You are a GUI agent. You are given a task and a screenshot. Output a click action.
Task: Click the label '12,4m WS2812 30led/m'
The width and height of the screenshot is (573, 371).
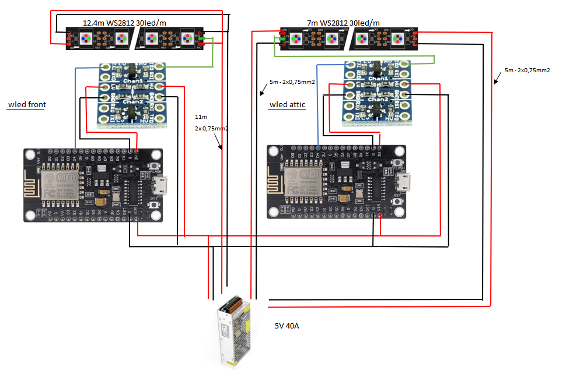[x=125, y=22]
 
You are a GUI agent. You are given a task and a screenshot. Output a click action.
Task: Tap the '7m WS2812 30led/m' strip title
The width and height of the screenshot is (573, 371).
[x=345, y=23]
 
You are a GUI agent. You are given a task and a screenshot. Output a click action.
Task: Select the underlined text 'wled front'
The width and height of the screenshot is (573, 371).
[x=27, y=105]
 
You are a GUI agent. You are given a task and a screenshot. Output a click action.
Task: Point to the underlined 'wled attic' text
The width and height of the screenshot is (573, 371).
[x=288, y=105]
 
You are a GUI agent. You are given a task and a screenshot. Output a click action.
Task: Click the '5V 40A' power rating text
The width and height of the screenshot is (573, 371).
[x=287, y=326]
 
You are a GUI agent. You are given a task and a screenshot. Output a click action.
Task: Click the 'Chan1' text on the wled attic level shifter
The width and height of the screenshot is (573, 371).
[x=378, y=78]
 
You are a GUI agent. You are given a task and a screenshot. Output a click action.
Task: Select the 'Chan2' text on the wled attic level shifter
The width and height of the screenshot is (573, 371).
[x=378, y=99]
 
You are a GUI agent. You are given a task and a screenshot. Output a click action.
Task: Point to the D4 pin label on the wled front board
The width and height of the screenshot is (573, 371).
[x=74, y=158]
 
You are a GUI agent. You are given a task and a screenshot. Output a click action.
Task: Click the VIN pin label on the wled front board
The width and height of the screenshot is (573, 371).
[x=137, y=214]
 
